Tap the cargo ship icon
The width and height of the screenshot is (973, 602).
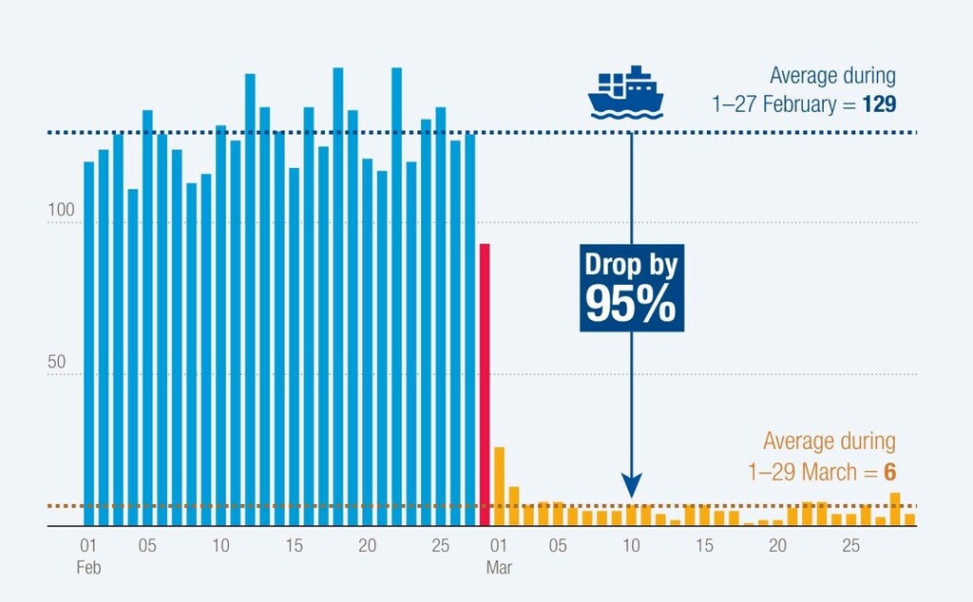point(623,93)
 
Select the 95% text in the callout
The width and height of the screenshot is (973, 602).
point(630,304)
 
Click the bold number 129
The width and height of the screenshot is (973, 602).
point(879,104)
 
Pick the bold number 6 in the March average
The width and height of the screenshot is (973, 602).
point(889,471)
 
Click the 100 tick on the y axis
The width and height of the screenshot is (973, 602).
point(61,224)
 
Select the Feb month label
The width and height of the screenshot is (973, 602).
point(88,567)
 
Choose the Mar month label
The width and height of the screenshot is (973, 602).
point(499,567)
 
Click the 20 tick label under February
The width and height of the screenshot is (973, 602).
point(368,546)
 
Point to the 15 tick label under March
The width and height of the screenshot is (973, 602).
point(704,546)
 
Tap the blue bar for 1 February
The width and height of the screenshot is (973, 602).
point(89,342)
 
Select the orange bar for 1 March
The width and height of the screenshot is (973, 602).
point(499,485)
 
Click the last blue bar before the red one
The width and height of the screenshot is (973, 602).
point(469,329)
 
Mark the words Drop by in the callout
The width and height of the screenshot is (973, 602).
point(630,264)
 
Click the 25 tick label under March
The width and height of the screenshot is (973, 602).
point(850,546)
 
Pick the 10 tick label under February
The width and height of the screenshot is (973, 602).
point(220,546)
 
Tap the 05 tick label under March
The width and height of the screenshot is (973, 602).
point(558,546)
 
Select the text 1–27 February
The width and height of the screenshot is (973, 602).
point(773,104)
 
